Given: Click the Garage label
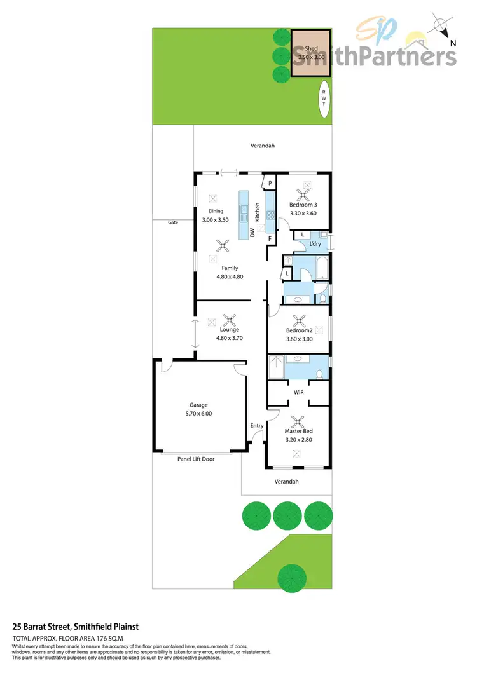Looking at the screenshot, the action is (198, 405).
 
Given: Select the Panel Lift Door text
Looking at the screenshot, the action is (196, 459).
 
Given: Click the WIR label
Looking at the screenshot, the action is (298, 393).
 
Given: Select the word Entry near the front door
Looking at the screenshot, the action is (257, 426).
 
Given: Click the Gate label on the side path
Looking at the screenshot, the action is (173, 222).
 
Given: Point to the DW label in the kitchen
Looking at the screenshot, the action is (252, 233).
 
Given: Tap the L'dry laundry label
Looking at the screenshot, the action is (314, 244).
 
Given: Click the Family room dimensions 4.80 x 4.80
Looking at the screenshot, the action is (230, 276).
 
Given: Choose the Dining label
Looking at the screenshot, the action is (216, 212).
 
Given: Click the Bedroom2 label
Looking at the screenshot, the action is (299, 330).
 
